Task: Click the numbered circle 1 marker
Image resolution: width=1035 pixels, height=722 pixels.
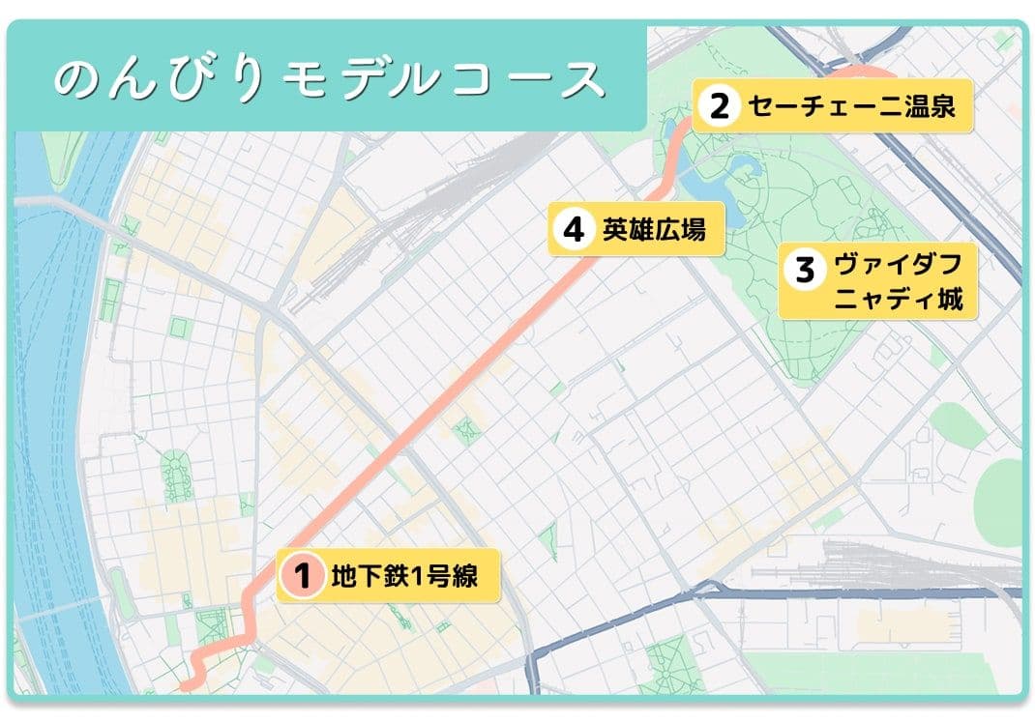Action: coord(301,577)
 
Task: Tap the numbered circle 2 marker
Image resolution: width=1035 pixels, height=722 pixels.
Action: coord(718,105)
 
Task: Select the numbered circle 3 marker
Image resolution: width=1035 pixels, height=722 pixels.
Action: coord(805,269)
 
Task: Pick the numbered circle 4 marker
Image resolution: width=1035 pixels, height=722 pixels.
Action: coord(574,230)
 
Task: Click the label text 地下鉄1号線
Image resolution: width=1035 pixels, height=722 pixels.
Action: coord(403,577)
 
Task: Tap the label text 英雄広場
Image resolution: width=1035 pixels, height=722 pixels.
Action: coord(654,230)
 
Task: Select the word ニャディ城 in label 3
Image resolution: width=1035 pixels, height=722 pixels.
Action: coord(899,299)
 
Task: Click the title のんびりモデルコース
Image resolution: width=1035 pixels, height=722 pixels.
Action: coord(329,80)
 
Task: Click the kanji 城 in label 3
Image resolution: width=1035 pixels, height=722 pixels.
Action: coord(950,299)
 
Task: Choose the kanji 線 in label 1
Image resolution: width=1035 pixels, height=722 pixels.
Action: coord(463,577)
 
